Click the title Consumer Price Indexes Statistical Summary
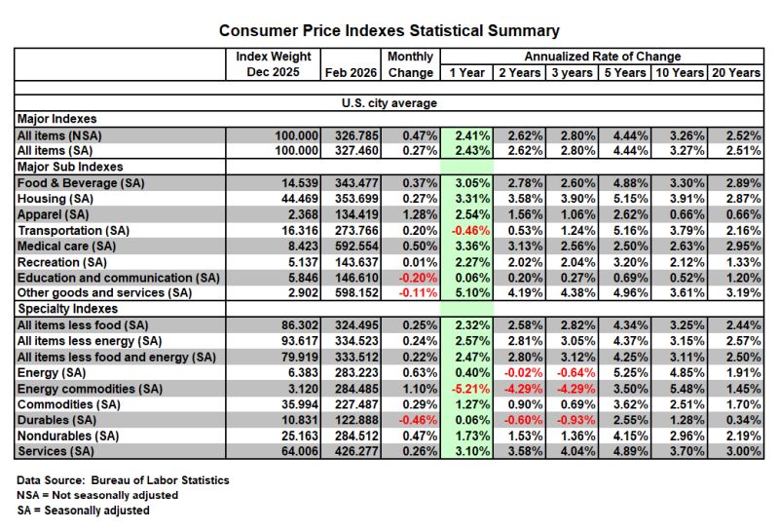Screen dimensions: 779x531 [389, 31]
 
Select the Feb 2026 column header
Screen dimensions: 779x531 [351, 73]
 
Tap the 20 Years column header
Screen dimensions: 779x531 [736, 73]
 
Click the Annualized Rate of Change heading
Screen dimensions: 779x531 [602, 57]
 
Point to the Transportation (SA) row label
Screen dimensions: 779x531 [74, 231]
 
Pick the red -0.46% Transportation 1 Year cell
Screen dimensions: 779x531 [470, 231]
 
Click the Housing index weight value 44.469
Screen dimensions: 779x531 [300, 199]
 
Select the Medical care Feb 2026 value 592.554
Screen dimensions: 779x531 [356, 247]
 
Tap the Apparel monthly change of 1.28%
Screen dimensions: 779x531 [420, 214]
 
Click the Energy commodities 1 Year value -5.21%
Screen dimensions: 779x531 [470, 389]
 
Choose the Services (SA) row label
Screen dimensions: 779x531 [56, 451]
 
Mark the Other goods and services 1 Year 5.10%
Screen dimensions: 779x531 [472, 293]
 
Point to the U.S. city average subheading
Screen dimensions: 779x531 [389, 103]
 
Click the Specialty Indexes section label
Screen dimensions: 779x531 [67, 309]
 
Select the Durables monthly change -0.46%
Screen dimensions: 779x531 [418, 420]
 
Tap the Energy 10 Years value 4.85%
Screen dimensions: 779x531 [686, 373]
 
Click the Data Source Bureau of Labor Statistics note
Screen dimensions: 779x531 [123, 480]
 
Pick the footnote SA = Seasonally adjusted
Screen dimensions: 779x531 [83, 511]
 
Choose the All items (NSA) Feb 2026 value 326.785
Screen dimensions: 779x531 [356, 135]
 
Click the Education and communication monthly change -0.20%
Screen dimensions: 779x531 [418, 278]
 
